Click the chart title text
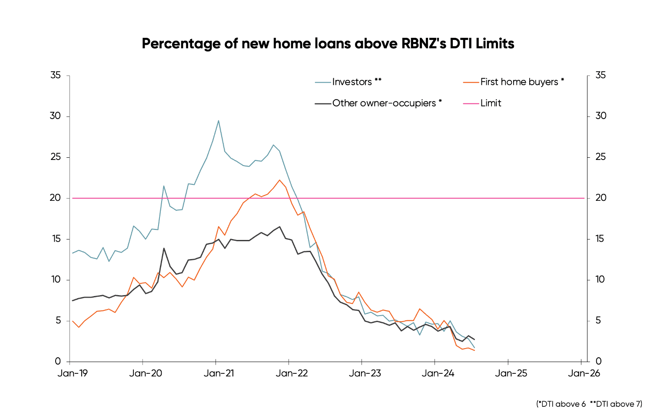[328, 43]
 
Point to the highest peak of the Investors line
[219, 121]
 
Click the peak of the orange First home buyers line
[279, 180]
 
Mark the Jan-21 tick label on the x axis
[219, 373]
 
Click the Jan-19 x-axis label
[73, 373]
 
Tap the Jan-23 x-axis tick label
[365, 373]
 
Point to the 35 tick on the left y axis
[56, 75]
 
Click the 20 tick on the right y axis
[601, 198]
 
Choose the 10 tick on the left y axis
[56, 279]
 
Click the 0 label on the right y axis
[599, 361]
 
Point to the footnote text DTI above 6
[563, 404]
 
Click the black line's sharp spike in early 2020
[164, 248]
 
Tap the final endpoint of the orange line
[474, 350]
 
